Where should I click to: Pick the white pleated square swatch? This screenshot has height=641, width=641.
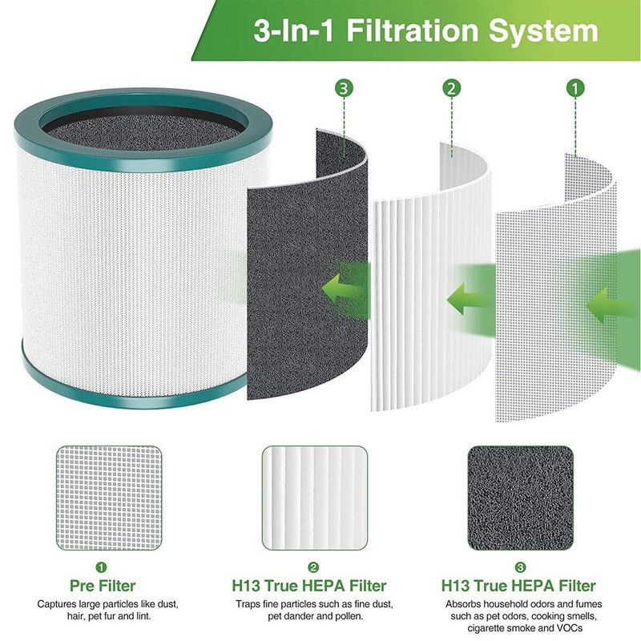315,497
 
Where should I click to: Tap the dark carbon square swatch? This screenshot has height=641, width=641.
520,497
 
